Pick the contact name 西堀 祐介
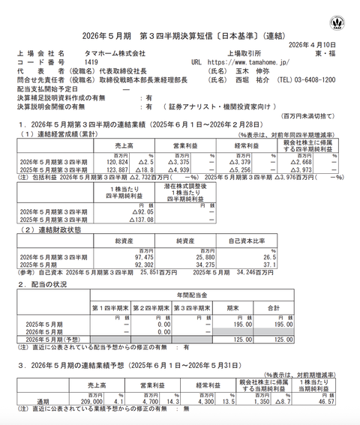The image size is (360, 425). (259, 80)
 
